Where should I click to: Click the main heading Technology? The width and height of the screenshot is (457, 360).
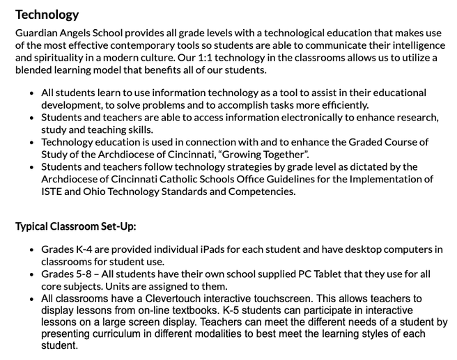pos(47,15)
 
